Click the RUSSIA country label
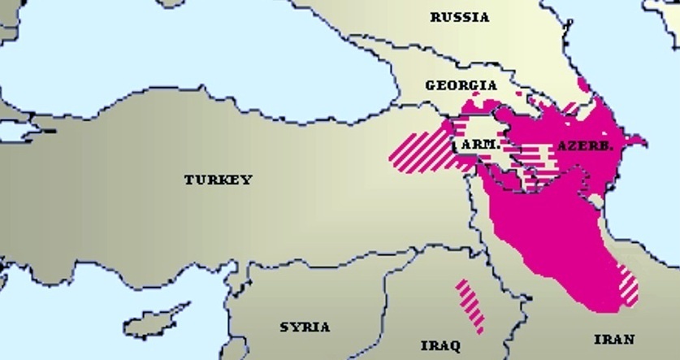click(460, 17)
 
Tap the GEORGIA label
click(461, 85)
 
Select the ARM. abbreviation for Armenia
click(479, 144)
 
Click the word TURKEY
click(218, 180)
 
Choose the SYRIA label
click(305, 327)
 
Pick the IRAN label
click(614, 339)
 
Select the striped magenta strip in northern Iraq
click(470, 306)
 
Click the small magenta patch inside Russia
click(581, 83)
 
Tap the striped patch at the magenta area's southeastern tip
click(626, 284)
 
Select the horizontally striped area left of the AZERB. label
click(536, 153)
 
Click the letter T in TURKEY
click(188, 180)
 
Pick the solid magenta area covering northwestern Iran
click(552, 236)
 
